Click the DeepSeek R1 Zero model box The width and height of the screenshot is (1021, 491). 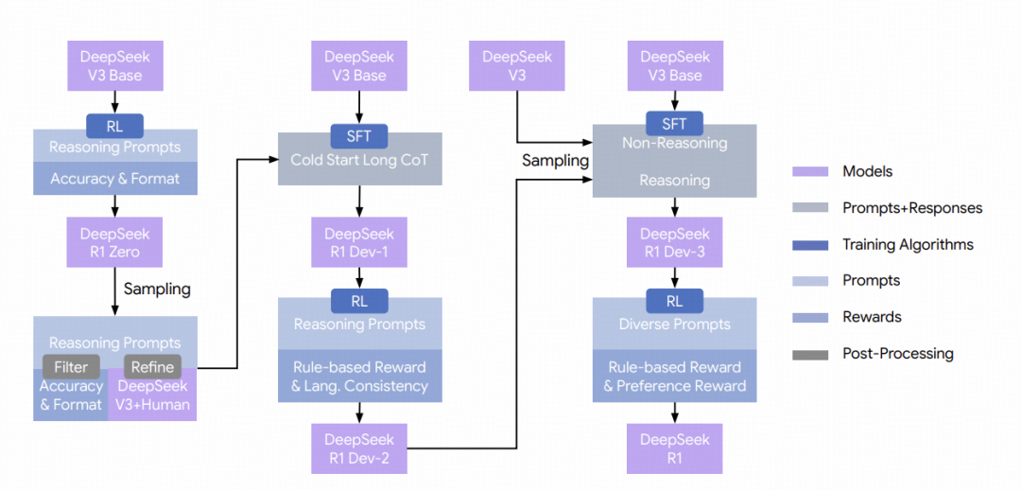tap(114, 241)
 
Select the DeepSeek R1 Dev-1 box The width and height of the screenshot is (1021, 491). tap(359, 241)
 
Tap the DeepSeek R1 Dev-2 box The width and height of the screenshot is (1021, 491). tap(359, 448)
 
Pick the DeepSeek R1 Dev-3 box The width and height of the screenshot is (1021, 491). tap(675, 241)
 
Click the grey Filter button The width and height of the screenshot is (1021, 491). tap(71, 367)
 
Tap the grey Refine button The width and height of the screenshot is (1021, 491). tap(153, 367)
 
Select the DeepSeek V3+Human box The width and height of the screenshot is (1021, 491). tap(152, 395)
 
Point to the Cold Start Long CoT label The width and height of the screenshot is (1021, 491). tap(359, 160)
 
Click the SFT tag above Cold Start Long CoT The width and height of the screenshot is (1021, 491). tap(359, 136)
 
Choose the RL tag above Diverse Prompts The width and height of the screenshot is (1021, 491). tap(675, 301)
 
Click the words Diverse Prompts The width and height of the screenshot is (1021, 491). tap(675, 324)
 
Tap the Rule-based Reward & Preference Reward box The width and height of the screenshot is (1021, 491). tap(675, 376)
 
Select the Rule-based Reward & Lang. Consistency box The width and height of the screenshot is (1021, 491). tap(359, 376)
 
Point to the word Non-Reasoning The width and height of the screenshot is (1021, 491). tap(675, 143)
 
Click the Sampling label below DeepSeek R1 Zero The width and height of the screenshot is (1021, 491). tap(157, 289)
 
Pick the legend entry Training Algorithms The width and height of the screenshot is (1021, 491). tap(908, 244)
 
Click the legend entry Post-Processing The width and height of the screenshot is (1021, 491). tap(898, 354)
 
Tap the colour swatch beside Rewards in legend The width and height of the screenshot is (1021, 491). tap(810, 318)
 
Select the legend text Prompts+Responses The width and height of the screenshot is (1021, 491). tap(912, 208)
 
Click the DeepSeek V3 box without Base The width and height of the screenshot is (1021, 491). tap(517, 66)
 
